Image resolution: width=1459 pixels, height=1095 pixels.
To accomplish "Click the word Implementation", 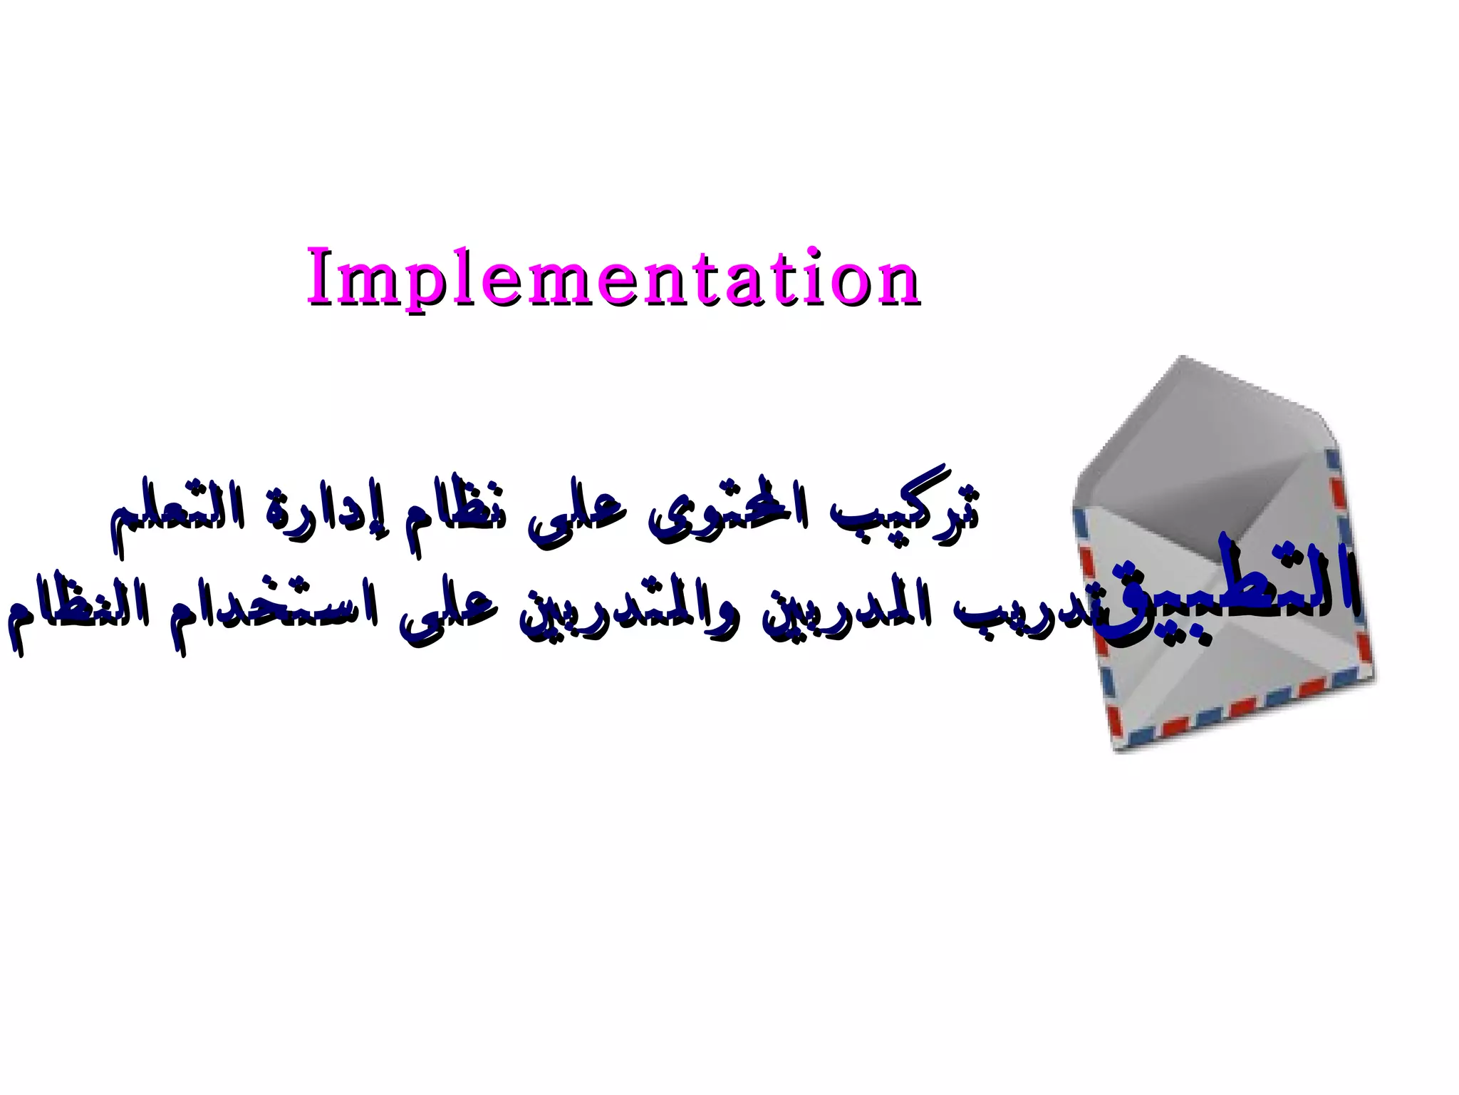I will [x=613, y=278].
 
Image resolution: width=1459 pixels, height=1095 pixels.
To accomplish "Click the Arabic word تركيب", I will [x=905, y=510].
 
